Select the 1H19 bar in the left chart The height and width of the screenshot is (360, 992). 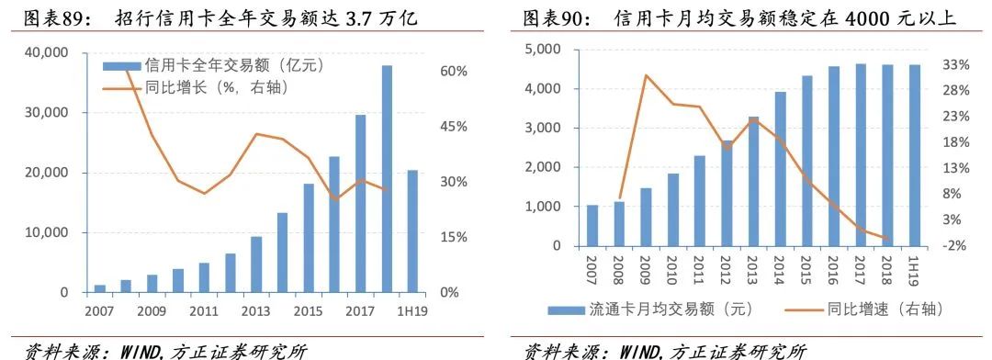412,231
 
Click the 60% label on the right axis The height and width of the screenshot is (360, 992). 457,72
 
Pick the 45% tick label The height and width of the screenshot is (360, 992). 457,127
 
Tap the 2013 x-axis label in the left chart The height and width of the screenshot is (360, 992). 257,311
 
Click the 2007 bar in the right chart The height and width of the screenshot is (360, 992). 592,226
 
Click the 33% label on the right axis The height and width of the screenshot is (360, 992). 956,64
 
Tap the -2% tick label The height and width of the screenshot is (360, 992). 956,245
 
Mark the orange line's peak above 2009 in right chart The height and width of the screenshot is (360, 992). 647,74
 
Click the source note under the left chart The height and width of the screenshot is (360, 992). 165,350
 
